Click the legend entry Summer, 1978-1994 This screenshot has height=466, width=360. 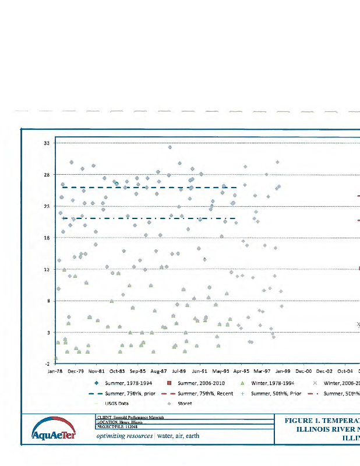pos(129,383)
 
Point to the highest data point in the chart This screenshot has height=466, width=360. pos(170,147)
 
